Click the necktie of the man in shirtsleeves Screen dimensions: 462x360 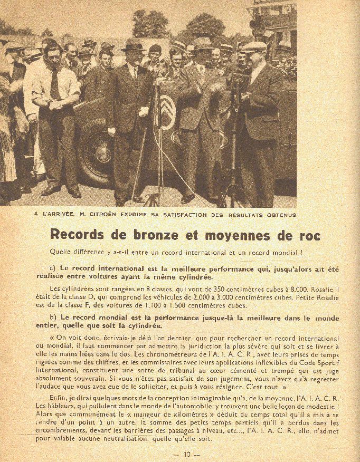[55, 84]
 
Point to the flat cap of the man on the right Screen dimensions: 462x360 [254, 47]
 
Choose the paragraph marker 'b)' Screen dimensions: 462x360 [53, 319]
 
